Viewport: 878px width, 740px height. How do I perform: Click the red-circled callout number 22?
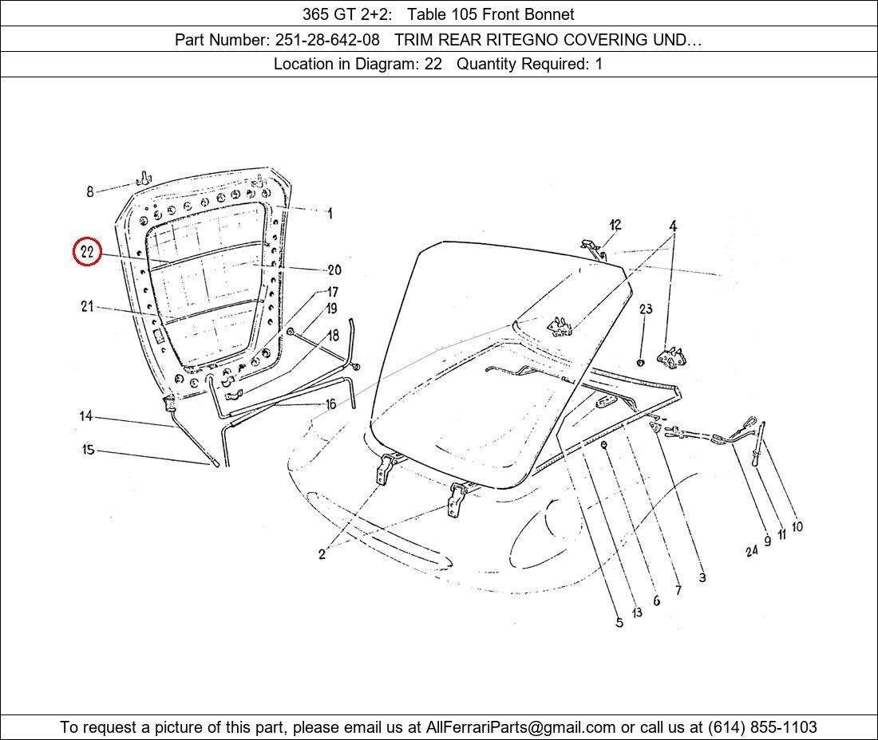pyautogui.click(x=87, y=252)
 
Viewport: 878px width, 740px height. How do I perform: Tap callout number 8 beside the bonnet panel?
pyautogui.click(x=89, y=192)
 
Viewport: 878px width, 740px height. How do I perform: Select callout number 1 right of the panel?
pyautogui.click(x=330, y=213)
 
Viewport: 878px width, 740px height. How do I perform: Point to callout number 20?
pyautogui.click(x=334, y=270)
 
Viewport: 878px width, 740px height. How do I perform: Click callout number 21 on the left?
pyautogui.click(x=87, y=306)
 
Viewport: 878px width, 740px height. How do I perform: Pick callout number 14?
pyautogui.click(x=85, y=416)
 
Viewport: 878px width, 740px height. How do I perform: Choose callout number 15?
pyautogui.click(x=88, y=449)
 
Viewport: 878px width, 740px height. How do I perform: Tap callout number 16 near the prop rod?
pyautogui.click(x=331, y=403)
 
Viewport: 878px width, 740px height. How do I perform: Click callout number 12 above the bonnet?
pyautogui.click(x=615, y=225)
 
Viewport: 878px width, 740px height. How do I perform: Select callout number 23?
pyautogui.click(x=646, y=309)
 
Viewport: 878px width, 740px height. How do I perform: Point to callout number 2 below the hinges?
pyautogui.click(x=322, y=554)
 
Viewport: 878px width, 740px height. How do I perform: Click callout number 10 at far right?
pyautogui.click(x=797, y=526)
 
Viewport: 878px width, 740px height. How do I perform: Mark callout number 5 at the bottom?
pyautogui.click(x=619, y=623)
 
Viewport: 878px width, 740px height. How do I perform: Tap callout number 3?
pyautogui.click(x=702, y=577)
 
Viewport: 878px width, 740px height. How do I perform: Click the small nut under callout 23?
pyautogui.click(x=641, y=363)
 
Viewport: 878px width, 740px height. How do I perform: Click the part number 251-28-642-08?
pyautogui.click(x=327, y=40)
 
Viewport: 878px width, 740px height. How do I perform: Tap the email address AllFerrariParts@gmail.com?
pyautogui.click(x=520, y=727)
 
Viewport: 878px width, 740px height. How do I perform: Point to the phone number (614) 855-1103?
pyautogui.click(x=762, y=727)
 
